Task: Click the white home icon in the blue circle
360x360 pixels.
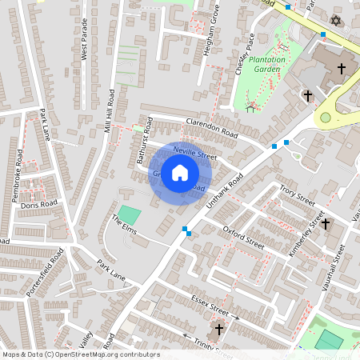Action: coord(180,172)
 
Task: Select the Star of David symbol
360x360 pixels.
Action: coord(335,19)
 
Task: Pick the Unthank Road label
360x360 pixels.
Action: coord(223,194)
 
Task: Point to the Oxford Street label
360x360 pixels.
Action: coord(243,238)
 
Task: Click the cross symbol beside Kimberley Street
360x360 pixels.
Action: coord(326,224)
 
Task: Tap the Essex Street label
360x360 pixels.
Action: coord(211,305)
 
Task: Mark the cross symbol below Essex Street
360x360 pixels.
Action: coord(219,330)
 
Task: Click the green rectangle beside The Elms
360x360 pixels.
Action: coord(130,215)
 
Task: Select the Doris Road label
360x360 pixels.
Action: coord(39,205)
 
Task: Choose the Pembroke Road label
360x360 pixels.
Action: coord(18,169)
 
